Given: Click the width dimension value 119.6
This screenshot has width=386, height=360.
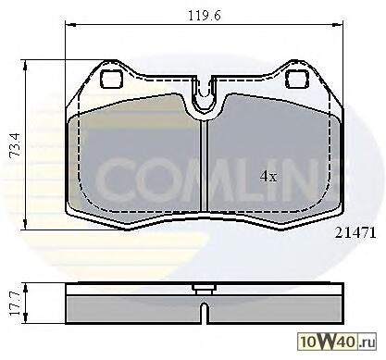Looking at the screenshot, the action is [x=205, y=16].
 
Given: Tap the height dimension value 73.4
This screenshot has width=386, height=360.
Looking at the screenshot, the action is [x=15, y=145].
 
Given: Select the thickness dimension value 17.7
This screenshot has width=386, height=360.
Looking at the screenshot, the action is [x=15, y=304].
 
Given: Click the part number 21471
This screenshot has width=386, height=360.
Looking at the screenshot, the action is [x=355, y=233].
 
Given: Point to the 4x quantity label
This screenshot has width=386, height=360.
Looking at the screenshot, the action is [x=268, y=177].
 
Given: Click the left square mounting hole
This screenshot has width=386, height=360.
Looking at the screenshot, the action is [x=112, y=79].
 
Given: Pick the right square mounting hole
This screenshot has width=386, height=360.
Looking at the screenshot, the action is [x=297, y=79].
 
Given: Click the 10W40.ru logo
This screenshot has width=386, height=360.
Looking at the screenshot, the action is [x=337, y=341].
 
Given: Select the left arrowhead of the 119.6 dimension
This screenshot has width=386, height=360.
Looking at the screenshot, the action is [x=70, y=24].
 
